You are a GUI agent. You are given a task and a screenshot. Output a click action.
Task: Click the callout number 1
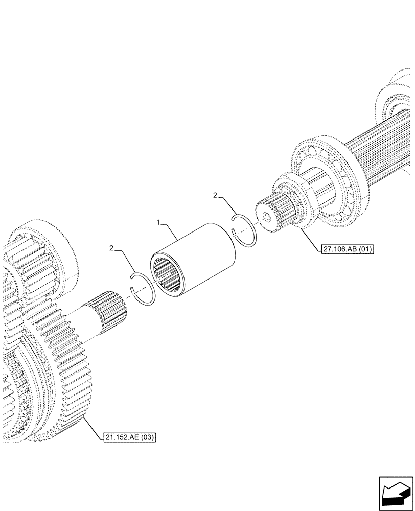158,223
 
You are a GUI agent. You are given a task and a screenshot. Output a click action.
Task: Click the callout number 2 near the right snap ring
215,195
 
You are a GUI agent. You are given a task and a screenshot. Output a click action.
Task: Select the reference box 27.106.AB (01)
348,249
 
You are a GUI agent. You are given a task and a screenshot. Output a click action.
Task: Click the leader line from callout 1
171,233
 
